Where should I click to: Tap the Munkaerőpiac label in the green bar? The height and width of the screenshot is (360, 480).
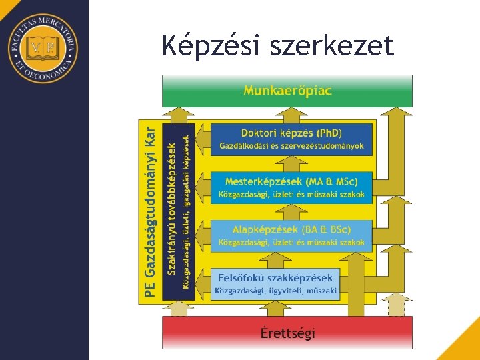point(287,90)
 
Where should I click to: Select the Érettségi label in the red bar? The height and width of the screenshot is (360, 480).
point(288,333)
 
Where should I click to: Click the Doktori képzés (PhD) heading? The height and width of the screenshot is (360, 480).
point(291,133)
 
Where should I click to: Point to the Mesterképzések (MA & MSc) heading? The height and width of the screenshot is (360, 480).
point(291,181)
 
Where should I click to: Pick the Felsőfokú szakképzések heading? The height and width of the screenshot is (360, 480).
point(275,277)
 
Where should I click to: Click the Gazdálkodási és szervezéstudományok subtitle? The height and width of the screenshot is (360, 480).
point(291,145)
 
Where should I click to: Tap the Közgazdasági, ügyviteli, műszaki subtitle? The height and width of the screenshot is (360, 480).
point(275,291)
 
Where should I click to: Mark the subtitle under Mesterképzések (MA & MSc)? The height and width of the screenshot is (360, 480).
point(291,195)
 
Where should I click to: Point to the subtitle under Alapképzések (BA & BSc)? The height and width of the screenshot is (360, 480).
point(291,242)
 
